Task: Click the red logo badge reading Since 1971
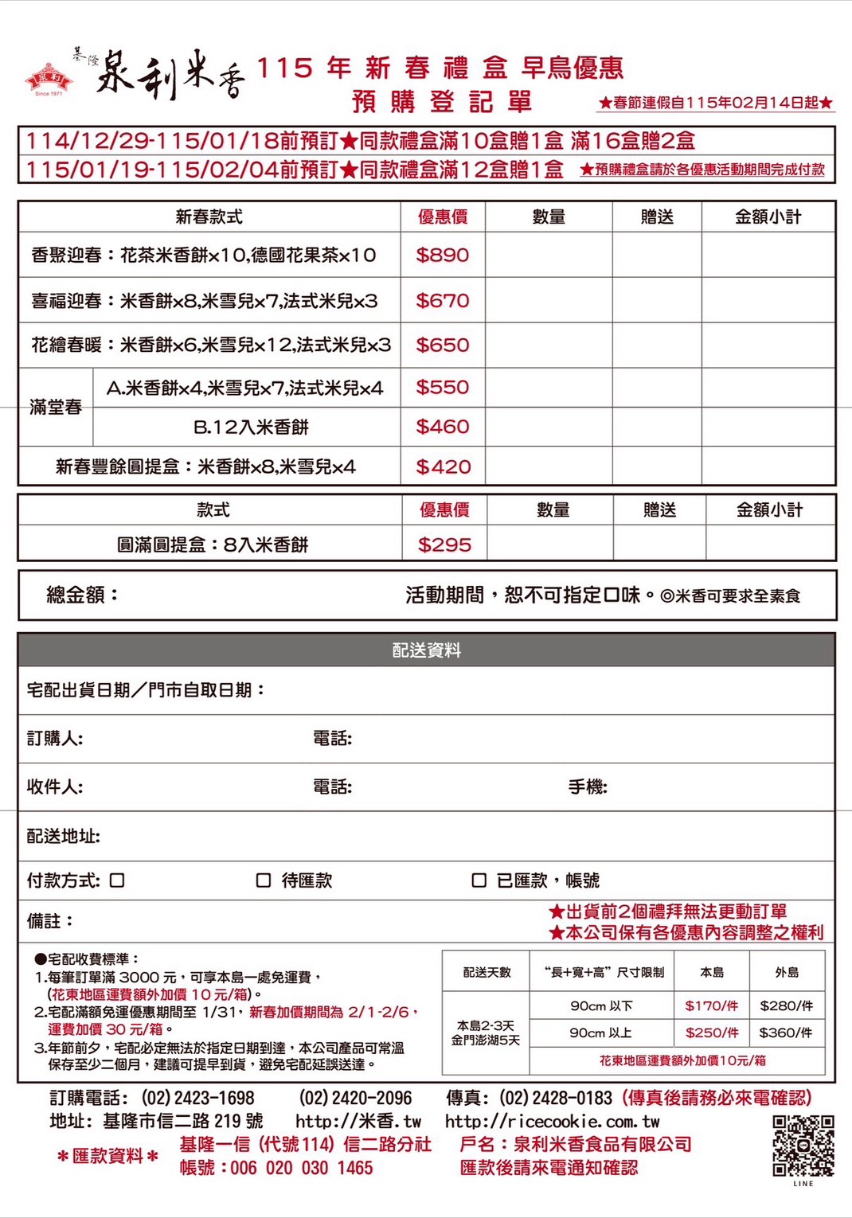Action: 49,79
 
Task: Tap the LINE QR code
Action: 803,1146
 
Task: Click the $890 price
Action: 443,255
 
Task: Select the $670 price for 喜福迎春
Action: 443,301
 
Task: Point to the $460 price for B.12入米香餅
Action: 443,427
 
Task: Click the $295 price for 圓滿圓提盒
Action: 444,545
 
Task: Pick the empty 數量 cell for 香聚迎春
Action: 548,255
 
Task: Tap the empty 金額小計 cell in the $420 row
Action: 768,467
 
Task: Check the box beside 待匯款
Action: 264,880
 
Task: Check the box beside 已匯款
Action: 479,880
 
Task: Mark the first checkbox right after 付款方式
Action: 117,880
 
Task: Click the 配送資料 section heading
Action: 426,650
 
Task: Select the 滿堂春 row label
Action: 56,407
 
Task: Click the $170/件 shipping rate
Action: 711,1005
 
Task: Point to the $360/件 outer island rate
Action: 786,1033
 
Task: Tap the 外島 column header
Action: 786,972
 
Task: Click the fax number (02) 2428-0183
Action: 556,1098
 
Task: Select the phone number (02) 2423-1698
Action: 197,1098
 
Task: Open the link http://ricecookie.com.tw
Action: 552,1122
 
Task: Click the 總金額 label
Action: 82,595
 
